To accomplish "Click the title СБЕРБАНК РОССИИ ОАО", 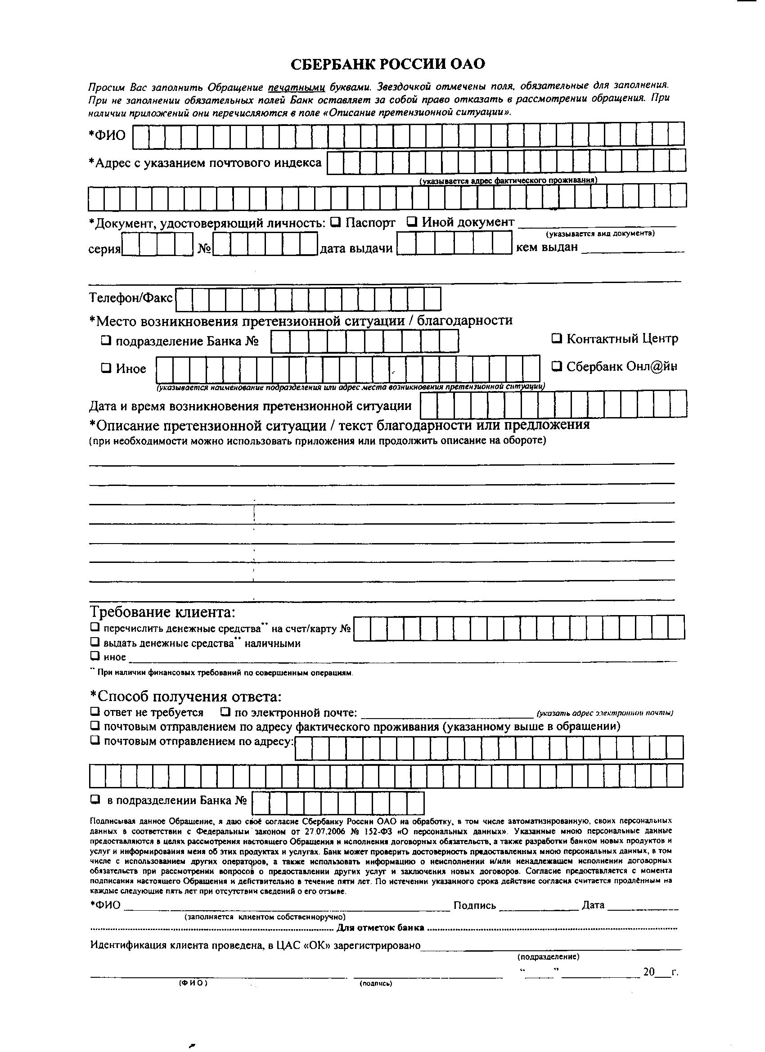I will coord(387,64).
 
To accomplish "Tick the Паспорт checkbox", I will coord(336,223).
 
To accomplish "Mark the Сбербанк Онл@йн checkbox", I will coord(557,366).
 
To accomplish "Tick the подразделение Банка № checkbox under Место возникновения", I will coord(106,341).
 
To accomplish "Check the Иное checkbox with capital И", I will coord(106,369).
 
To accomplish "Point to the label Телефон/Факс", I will coord(130,298).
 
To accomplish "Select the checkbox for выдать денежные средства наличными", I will coord(95,643).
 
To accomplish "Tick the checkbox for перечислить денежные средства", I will coord(95,628).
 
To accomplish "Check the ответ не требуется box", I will coord(95,711).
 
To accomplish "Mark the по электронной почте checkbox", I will coord(225,711).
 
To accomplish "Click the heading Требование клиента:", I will coord(162,612).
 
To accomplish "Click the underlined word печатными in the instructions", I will coord(297,87).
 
